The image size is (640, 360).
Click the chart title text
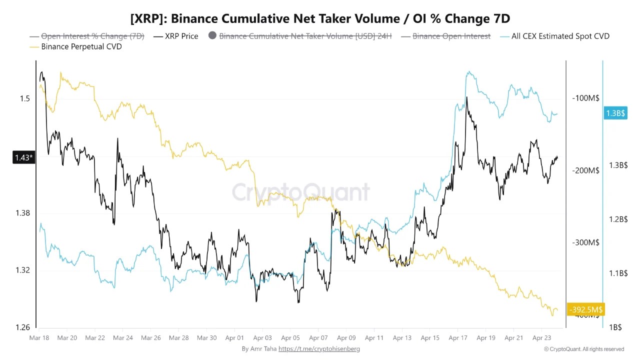pos(320,18)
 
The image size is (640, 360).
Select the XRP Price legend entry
pos(181,36)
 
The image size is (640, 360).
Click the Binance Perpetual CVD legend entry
pos(81,46)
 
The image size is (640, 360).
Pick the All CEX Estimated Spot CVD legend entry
pos(560,36)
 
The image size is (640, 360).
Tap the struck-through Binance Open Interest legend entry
pos(451,36)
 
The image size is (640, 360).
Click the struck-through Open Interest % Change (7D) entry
pos(92,36)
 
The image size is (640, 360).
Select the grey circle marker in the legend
pos(212,36)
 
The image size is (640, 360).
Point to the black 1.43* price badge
pos(23,158)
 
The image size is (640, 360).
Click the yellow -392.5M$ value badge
pos(585,309)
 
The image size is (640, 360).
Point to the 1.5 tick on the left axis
pos(25,98)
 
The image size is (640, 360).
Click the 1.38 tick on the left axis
pos(23,213)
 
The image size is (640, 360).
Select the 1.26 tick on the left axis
pos(23,327)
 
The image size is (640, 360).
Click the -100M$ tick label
pos(585,98)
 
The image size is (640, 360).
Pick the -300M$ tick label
pos(585,242)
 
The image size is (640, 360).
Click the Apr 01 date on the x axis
pos(234,338)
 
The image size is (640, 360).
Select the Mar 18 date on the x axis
pos(38,338)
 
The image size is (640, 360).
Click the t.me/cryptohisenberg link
pos(319,348)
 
